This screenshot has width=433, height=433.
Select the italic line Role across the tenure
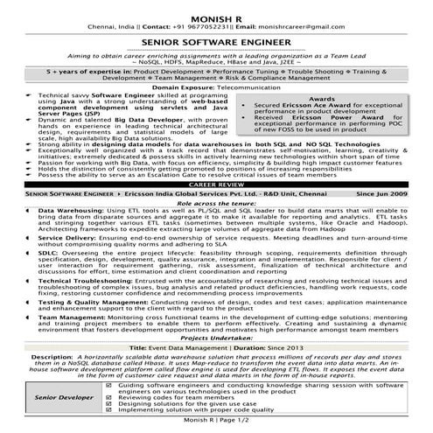pyautogui.click(x=216, y=227)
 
